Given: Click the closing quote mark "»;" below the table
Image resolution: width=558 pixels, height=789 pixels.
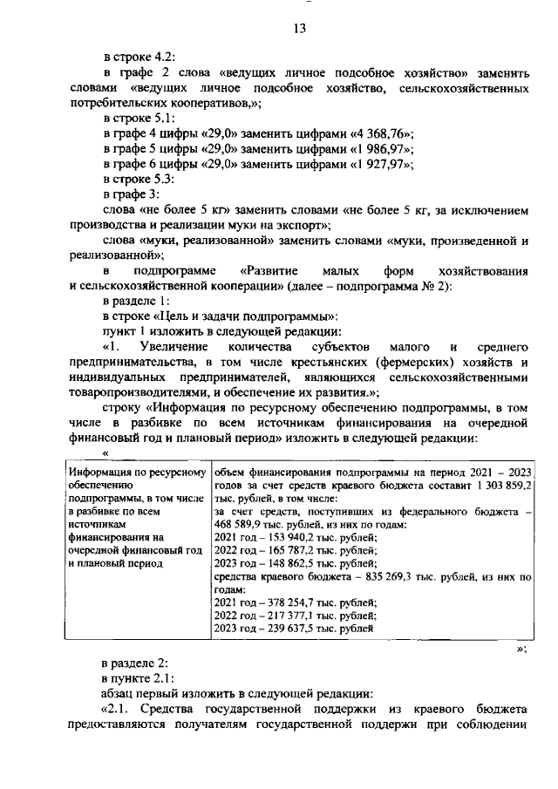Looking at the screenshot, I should coord(521,649).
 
